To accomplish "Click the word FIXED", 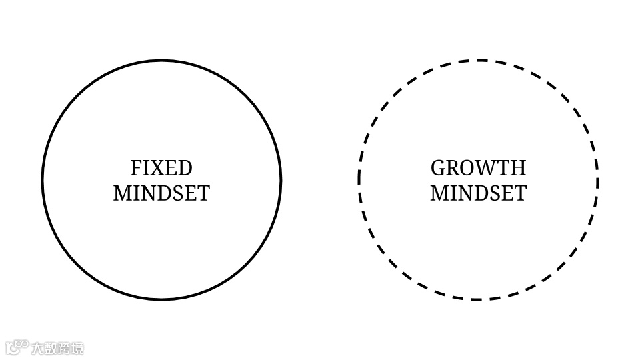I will [161, 167].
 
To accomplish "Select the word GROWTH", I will [478, 167].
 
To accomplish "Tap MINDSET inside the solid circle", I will [161, 193].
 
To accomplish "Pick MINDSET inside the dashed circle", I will [478, 193].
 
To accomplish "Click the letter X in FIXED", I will [156, 167].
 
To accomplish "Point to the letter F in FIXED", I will [135, 167].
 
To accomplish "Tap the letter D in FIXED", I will [185, 167].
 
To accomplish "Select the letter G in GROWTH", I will [438, 167].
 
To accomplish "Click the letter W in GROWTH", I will [486, 167].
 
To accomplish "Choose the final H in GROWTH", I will [518, 167].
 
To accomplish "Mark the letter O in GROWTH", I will [469, 167].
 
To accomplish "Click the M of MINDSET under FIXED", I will [122, 193].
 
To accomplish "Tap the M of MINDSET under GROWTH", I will [439, 193].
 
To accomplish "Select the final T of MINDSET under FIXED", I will [203, 193].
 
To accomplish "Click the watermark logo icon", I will [17, 347].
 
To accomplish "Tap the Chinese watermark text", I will [58, 348].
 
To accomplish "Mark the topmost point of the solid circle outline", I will [161, 61].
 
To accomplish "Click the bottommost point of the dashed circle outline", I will [478, 299].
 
